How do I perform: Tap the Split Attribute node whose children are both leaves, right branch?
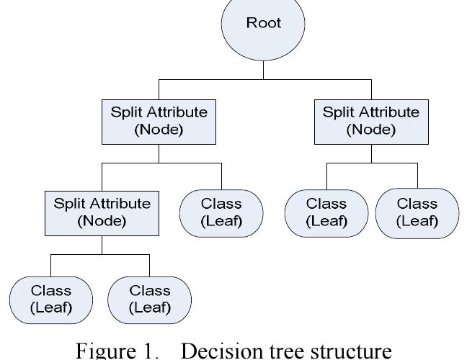(370, 120)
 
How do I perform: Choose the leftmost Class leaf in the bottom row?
(51, 299)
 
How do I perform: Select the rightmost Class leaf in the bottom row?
(149, 299)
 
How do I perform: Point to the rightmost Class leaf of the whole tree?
(416, 212)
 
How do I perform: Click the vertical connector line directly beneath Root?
(264, 69)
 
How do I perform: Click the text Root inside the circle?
(264, 22)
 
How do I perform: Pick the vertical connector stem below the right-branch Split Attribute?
(370, 153)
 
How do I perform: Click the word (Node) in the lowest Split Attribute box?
(102, 221)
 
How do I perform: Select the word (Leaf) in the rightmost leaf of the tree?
(416, 221)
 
